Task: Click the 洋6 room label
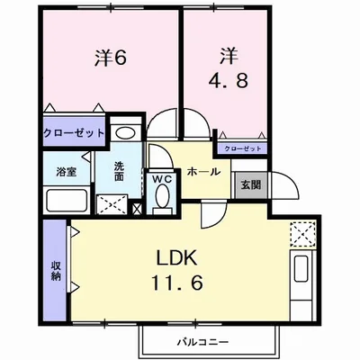click(110, 57)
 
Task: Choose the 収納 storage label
click(55, 269)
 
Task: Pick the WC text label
click(162, 179)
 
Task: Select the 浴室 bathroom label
click(65, 171)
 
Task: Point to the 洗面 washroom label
click(120, 171)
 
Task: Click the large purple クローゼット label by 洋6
click(73, 133)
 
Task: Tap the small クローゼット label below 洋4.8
click(241, 147)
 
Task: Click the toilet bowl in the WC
click(162, 200)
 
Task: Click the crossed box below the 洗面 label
click(112, 203)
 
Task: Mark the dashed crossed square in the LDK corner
click(300, 235)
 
